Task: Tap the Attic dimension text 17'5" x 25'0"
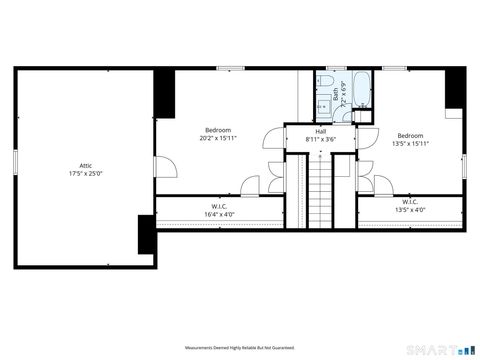[x=85, y=173]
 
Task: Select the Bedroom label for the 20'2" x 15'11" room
[x=218, y=130]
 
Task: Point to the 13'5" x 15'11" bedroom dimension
[x=410, y=143]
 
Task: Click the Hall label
[x=320, y=132]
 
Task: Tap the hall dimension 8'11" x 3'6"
[x=320, y=140]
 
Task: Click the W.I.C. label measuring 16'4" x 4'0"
[x=218, y=206]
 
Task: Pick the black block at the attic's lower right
[x=146, y=235]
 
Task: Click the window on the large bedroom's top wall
[x=232, y=68]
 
